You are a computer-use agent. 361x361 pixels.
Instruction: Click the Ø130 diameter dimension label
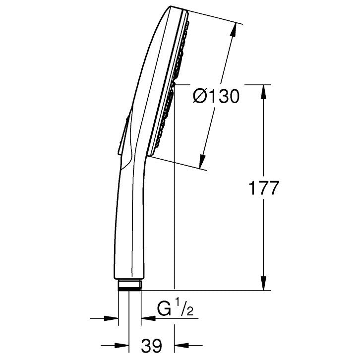tap(216, 97)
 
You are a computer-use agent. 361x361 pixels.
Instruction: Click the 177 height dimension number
tap(264, 188)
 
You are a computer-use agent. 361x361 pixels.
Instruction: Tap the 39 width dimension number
tap(152, 346)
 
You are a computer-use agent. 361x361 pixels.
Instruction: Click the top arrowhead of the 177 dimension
tap(264, 92)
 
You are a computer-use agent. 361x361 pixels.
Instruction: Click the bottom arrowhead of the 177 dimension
tap(264, 283)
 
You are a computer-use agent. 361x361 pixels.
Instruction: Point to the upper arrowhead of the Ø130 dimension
tap(234, 29)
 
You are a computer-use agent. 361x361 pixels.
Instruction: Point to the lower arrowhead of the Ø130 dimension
tap(202, 161)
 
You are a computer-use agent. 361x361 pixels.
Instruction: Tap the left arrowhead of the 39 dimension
tap(121, 345)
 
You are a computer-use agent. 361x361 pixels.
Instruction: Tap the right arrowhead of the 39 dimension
tap(181, 345)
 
